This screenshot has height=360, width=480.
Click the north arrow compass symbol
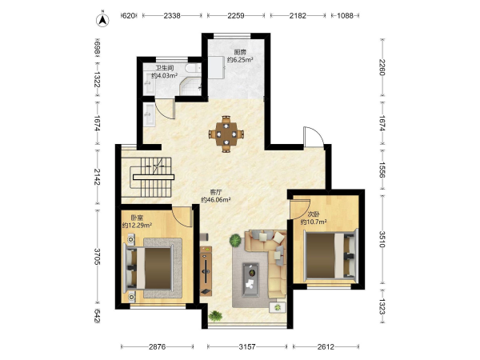pyautogui.click(x=102, y=20)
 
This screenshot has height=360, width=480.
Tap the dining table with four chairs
pyautogui.click(x=226, y=134)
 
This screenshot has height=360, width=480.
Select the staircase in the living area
pyautogui.click(x=152, y=178)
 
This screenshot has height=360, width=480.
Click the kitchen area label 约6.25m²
pyautogui.click(x=240, y=60)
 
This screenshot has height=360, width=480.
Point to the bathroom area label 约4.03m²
pyautogui.click(x=165, y=75)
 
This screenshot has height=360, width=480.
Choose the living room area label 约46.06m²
pyautogui.click(x=216, y=200)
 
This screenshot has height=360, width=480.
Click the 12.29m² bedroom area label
pyautogui.click(x=137, y=226)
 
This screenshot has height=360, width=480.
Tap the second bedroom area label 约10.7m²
pyautogui.click(x=314, y=222)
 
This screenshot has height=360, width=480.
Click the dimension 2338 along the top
pyautogui.click(x=172, y=15)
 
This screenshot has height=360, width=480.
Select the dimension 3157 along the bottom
pyautogui.click(x=247, y=347)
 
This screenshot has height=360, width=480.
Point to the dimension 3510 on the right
pyautogui.click(x=382, y=239)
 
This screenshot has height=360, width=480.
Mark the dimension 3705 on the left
pyautogui.click(x=97, y=257)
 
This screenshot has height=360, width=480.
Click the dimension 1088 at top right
pyautogui.click(x=345, y=15)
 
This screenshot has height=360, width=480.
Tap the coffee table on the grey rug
pyautogui.click(x=250, y=280)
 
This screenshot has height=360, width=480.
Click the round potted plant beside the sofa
pyautogui.click(x=235, y=240)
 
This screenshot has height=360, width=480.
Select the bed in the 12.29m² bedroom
pyautogui.click(x=147, y=268)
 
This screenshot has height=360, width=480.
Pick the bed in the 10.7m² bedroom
pyautogui.click(x=330, y=255)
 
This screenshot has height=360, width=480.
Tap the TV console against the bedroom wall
pyautogui.click(x=206, y=270)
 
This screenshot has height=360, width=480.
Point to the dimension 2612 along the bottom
pyautogui.click(x=326, y=347)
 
